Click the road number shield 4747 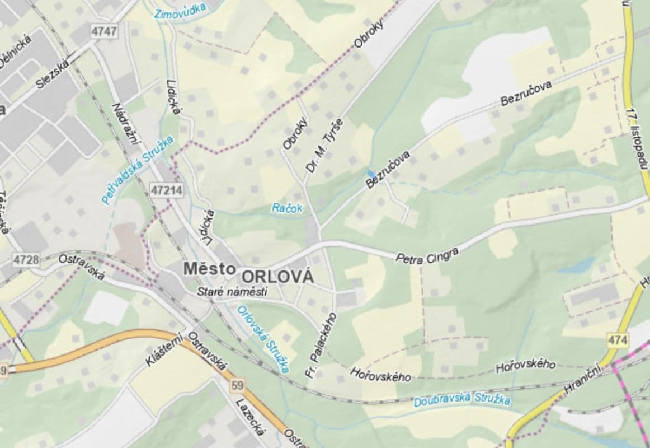coord(105,31)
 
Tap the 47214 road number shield coord(166,190)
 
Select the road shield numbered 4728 coord(26,260)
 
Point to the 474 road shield coord(617,339)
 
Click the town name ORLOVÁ coord(277,277)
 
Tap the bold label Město coord(209,269)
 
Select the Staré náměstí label coord(232,292)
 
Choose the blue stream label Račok coord(287,208)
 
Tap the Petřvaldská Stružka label coord(138,169)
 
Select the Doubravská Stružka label coord(461,400)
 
